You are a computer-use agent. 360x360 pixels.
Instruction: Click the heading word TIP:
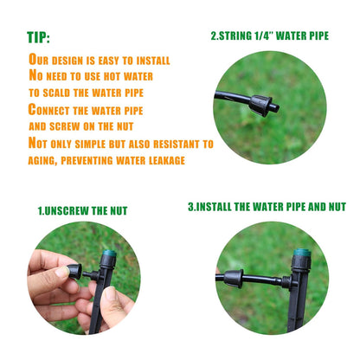tap(38, 38)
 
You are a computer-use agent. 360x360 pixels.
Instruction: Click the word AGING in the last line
tap(47, 159)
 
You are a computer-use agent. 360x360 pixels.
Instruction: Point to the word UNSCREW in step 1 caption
tap(76, 210)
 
